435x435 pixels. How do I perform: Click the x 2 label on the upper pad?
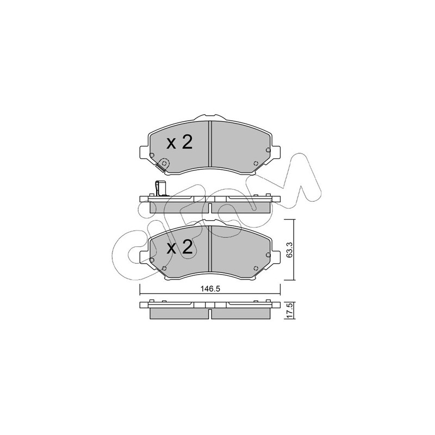pyautogui.click(x=179, y=143)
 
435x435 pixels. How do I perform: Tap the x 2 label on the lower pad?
pyautogui.click(x=179, y=248)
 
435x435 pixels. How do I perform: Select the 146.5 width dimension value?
pyautogui.click(x=210, y=289)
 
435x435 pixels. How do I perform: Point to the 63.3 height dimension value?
pyautogui.click(x=289, y=250)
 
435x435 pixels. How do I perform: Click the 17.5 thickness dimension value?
pyautogui.click(x=289, y=310)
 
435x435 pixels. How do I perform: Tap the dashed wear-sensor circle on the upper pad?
pyautogui.click(x=164, y=163)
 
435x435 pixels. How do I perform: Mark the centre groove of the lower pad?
pyautogui.click(x=210, y=248)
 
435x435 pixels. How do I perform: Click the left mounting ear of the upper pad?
pyautogui.click(x=144, y=152)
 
